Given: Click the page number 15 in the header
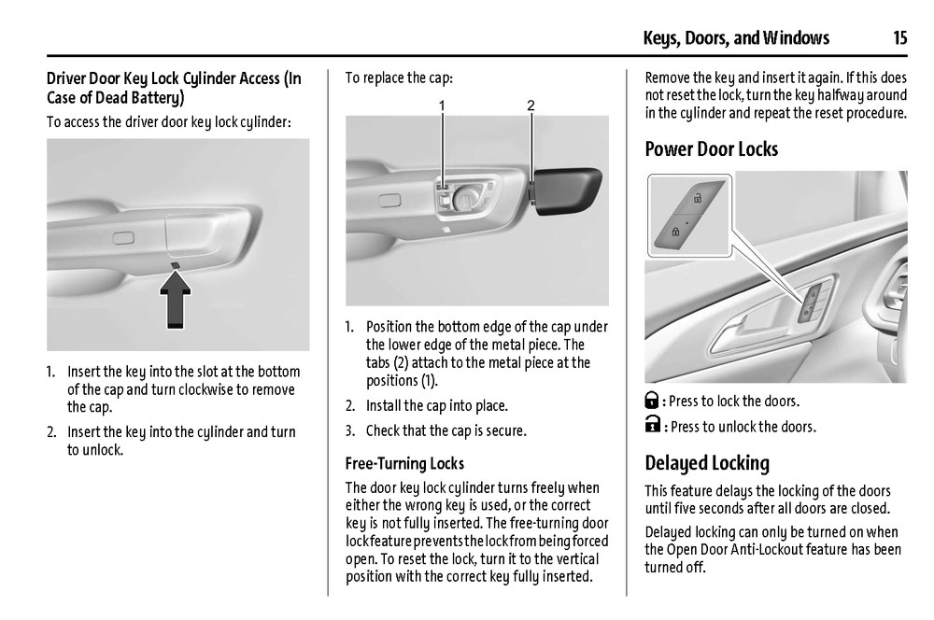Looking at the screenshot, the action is (899, 38).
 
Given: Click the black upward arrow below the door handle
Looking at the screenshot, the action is (176, 299).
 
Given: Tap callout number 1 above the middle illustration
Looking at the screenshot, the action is (442, 106).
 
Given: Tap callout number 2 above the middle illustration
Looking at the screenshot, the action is (531, 106).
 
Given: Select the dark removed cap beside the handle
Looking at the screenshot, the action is (567, 190).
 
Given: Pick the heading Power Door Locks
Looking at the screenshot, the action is (711, 148).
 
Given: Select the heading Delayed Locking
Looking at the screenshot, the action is (707, 463).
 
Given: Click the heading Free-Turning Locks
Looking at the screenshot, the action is (404, 463).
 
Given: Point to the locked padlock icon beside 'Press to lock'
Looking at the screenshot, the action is (652, 401).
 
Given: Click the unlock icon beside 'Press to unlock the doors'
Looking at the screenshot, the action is (653, 425).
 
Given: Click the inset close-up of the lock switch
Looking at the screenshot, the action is (689, 216).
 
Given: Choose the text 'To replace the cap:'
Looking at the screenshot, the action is (399, 78).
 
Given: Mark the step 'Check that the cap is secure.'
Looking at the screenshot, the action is (446, 430).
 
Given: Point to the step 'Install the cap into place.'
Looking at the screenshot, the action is (436, 405).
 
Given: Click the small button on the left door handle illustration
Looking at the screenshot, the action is (123, 238).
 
